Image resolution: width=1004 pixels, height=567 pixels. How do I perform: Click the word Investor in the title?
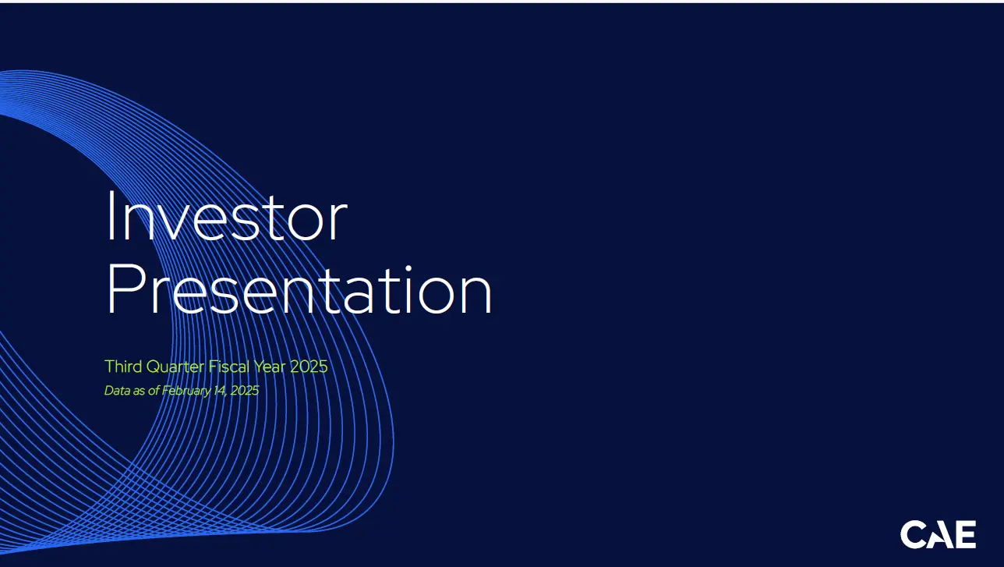point(228,216)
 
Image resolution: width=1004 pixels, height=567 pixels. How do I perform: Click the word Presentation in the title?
point(299,290)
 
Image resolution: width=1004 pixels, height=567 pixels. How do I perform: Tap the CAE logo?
point(938,534)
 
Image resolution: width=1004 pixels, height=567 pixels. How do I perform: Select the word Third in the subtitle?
point(123,367)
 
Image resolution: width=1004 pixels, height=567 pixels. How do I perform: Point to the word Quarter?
point(175,367)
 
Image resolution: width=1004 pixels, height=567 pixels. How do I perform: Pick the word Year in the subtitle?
point(270,367)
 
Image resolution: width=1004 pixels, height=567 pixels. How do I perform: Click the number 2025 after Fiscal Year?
point(309,367)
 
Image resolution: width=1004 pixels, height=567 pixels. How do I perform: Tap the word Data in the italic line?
point(118,390)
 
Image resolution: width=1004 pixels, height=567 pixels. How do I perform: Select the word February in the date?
point(186,392)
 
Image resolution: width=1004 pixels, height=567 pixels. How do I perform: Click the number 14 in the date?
point(220,391)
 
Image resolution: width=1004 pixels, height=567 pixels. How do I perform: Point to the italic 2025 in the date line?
point(245,390)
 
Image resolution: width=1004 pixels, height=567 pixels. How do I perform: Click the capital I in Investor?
point(110,216)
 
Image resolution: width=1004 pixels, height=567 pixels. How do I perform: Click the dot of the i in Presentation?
point(408,269)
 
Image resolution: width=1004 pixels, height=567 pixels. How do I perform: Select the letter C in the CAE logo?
point(913,534)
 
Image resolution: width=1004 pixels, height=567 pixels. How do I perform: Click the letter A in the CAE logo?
point(940,535)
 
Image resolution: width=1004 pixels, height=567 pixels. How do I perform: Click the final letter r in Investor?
point(338,222)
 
